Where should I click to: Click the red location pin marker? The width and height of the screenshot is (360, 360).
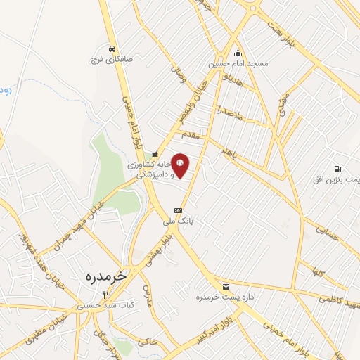pos(180,165)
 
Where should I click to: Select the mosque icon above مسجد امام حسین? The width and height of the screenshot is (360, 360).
pos(238,53)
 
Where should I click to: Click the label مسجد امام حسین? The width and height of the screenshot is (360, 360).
pos(238,63)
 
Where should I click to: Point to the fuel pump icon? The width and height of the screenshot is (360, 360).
pos(338,169)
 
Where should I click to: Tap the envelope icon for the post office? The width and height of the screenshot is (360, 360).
pos(226,286)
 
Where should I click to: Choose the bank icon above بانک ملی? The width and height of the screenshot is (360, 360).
pos(178,210)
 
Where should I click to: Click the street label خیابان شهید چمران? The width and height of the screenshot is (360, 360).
pos(78,228)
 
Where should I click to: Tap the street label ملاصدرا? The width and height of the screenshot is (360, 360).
pos(230,112)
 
